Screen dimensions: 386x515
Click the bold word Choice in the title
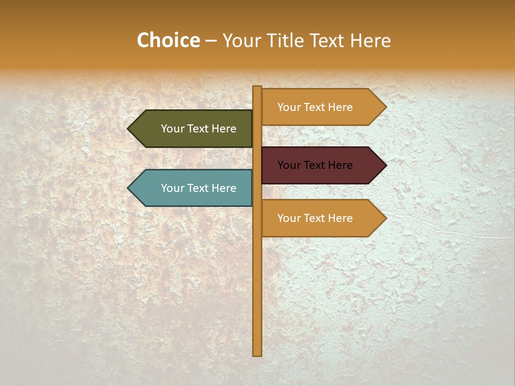(x=168, y=41)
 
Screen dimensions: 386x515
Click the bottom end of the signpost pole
(x=257, y=354)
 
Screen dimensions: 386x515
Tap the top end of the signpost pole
(x=257, y=87)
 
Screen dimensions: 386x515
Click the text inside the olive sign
(x=198, y=129)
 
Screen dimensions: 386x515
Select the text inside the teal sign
(x=198, y=188)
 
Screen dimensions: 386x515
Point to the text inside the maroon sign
(x=315, y=165)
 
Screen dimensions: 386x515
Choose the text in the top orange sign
(x=315, y=107)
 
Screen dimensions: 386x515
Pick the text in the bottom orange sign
(x=315, y=218)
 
